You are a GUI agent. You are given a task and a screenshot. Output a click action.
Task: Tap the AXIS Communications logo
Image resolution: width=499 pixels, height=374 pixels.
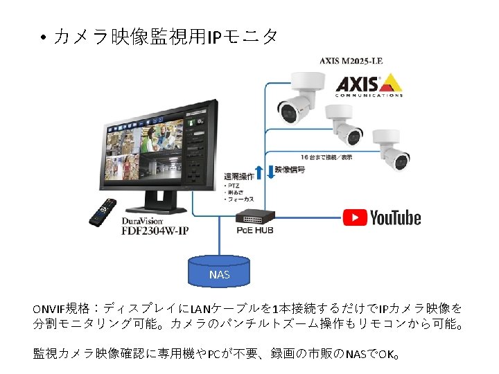coord(368,86)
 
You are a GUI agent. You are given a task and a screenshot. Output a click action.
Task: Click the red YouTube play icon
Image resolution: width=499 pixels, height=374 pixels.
coord(355,217)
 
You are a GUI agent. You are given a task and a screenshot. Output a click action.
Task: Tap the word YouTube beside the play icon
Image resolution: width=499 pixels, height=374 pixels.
coord(395,217)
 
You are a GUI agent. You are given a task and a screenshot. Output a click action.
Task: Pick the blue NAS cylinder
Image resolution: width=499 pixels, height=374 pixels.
coord(219,272)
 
